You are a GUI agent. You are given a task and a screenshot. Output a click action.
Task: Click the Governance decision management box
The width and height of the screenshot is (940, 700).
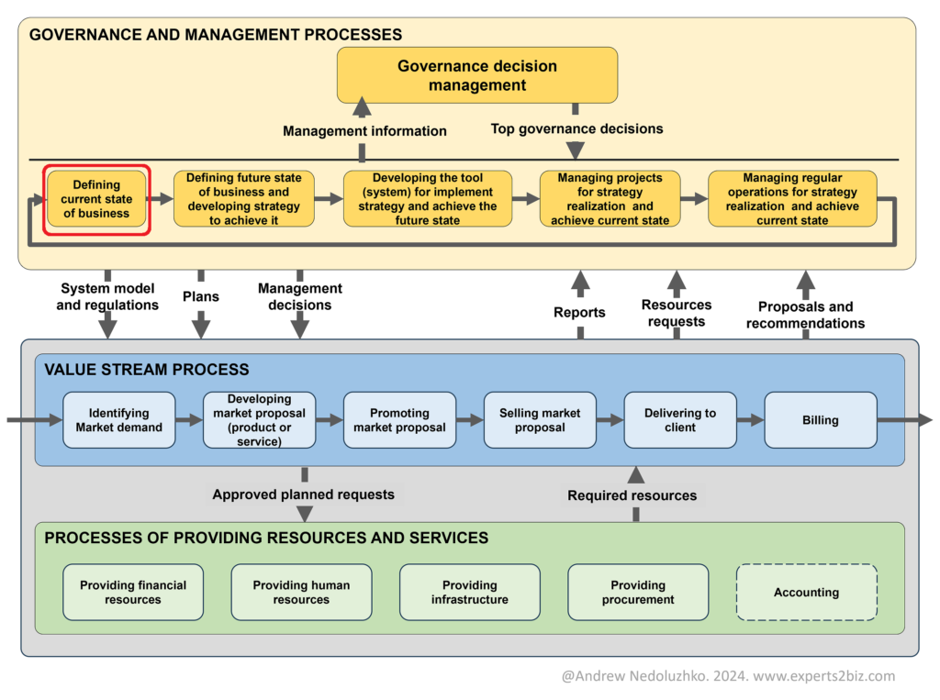coord(476,75)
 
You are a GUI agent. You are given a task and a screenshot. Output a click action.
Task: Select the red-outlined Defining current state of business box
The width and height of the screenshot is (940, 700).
coord(96,199)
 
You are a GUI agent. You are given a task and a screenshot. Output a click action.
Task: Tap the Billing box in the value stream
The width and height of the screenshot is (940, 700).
coord(820,420)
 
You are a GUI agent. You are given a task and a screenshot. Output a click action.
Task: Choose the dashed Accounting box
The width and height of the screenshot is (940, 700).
coord(806,593)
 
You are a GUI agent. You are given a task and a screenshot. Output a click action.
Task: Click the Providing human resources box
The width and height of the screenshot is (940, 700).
coord(301,593)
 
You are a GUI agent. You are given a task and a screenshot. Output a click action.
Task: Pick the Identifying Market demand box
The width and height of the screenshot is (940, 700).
coord(118,420)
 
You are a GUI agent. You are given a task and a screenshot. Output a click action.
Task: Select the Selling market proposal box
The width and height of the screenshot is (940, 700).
coord(540,420)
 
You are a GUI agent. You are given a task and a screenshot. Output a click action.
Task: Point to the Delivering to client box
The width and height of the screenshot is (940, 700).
coord(679,420)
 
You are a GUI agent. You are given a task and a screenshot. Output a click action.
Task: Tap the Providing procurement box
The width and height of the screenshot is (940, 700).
coord(638,593)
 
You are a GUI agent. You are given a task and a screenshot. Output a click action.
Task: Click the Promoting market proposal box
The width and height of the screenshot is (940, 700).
coord(399,420)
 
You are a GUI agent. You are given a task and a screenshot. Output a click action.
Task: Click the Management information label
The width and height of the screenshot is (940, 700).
coord(364,131)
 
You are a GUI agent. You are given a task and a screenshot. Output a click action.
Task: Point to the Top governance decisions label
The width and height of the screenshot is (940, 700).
coord(576,129)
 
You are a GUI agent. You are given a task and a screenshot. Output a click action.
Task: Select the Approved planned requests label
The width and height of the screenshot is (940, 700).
coord(303,494)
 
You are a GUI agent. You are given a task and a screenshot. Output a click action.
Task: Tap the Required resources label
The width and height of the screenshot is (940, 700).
coord(632,495)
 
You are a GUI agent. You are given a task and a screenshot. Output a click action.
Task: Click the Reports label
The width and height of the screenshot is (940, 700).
coord(579,313)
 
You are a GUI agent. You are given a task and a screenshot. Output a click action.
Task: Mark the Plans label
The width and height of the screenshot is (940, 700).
coord(200,297)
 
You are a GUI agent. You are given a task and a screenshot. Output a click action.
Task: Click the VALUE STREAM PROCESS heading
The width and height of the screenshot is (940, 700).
coord(147,370)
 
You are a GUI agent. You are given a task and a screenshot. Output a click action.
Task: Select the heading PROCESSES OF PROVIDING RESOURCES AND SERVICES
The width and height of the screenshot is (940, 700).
coord(266,538)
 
